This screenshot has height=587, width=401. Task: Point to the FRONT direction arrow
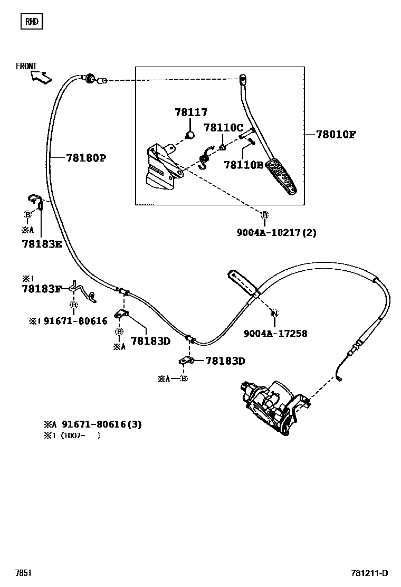point(41,77)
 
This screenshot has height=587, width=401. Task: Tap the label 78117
point(191,112)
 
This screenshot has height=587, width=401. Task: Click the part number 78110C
point(223,128)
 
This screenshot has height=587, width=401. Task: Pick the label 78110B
point(243,165)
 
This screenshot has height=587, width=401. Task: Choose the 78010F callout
point(336,134)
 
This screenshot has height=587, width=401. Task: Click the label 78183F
point(42,289)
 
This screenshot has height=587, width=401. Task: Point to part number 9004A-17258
point(275,334)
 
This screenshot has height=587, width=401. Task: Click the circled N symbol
point(274,314)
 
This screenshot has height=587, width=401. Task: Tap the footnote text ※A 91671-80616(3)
point(93,424)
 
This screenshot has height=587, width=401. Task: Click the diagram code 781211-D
point(369,573)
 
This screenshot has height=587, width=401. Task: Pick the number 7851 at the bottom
point(23,573)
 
